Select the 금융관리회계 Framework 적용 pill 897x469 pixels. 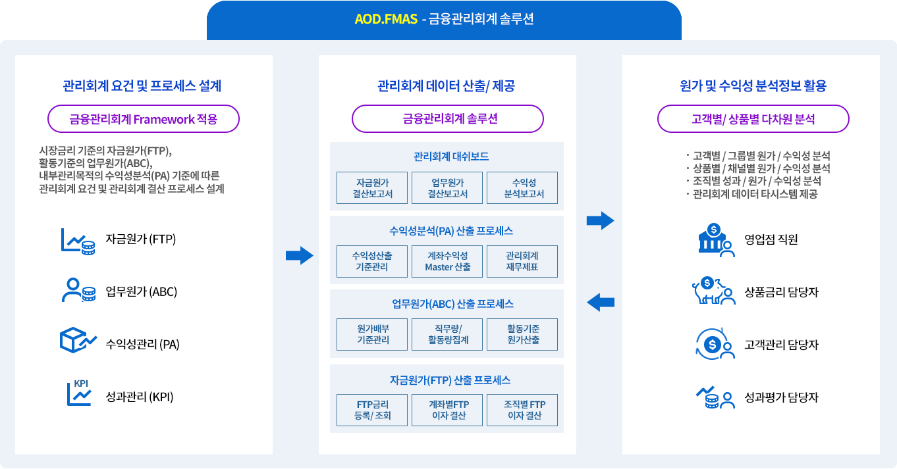pyautogui.click(x=144, y=119)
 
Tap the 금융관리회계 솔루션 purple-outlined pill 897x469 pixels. pyautogui.click(x=448, y=119)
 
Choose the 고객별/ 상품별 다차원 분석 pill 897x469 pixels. pyautogui.click(x=753, y=119)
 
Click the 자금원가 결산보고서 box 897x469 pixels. pyautogui.click(x=373, y=188)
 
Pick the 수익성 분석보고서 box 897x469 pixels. pyautogui.click(x=522, y=188)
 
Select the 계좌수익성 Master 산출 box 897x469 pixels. pyautogui.click(x=448, y=261)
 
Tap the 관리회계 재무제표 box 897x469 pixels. pyautogui.click(x=522, y=261)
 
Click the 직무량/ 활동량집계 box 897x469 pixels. pyautogui.click(x=448, y=334)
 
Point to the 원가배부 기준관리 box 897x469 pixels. pyautogui.click(x=373, y=334)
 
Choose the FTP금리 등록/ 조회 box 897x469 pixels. pyautogui.click(x=373, y=409)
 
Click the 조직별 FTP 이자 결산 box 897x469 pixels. pyautogui.click(x=522, y=409)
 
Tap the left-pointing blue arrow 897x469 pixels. pyautogui.click(x=600, y=303)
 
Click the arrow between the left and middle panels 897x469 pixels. pyautogui.click(x=299, y=256)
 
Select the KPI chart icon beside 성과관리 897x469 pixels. pyautogui.click(x=79, y=393)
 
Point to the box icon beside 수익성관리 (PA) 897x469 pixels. pyautogui.click(x=78, y=340)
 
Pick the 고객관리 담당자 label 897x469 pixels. pyautogui.click(x=781, y=345)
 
